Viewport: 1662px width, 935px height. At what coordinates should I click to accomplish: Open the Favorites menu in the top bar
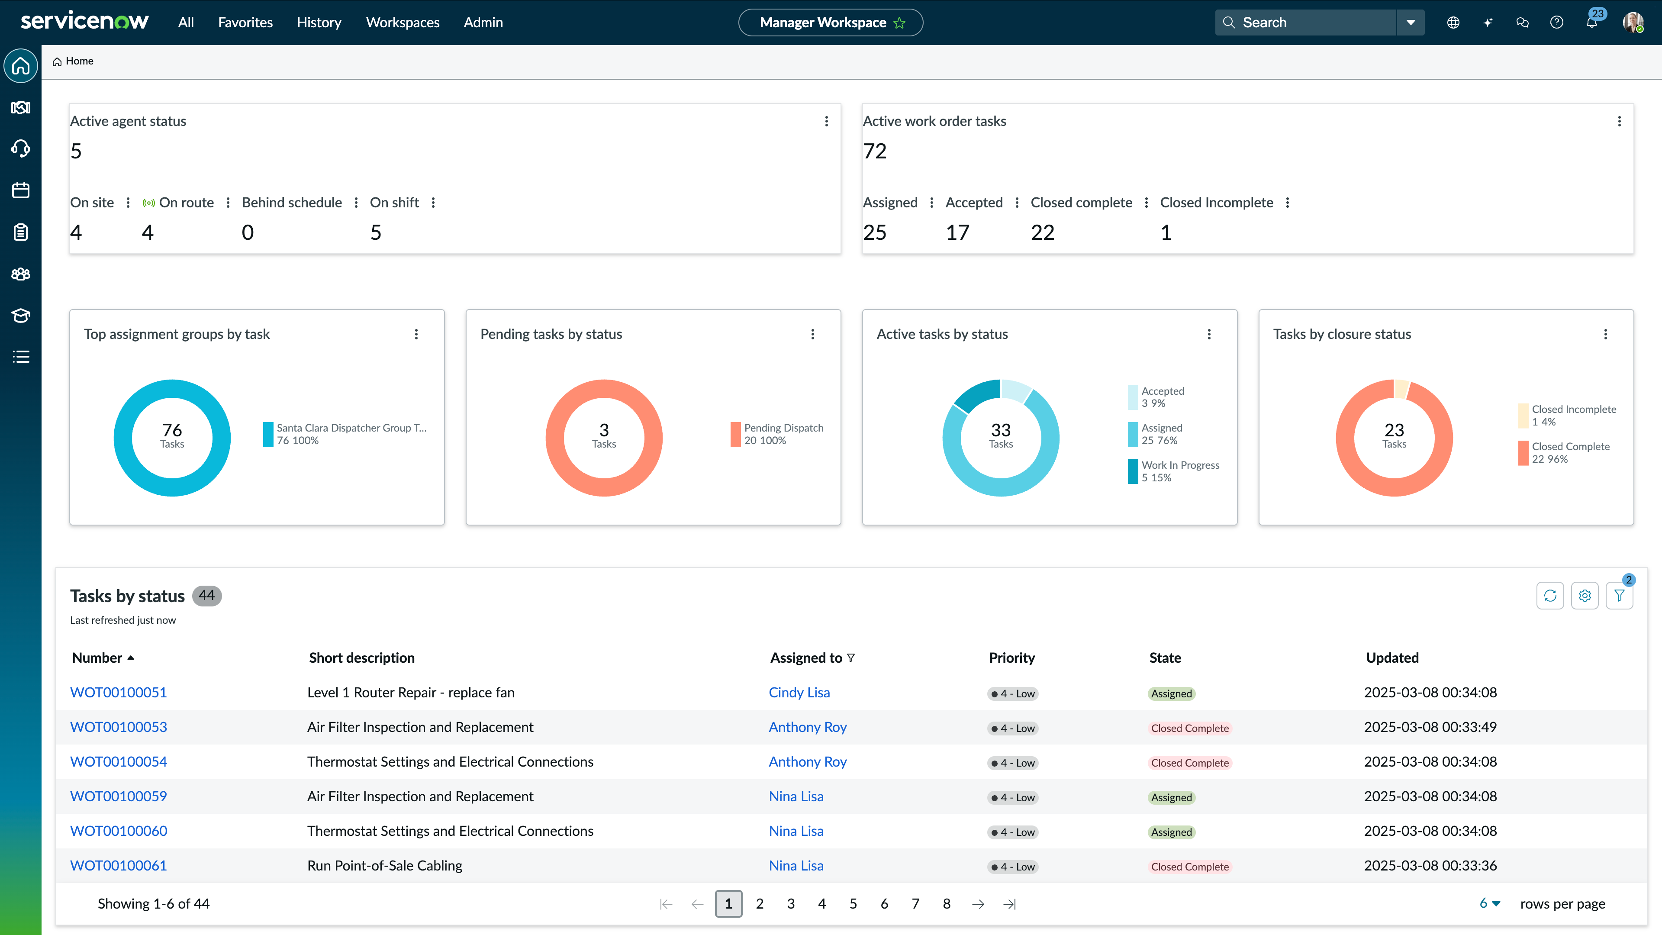point(245,23)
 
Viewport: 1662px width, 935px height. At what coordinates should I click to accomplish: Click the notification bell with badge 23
point(1591,23)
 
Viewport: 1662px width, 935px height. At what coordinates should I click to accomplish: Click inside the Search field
point(1310,23)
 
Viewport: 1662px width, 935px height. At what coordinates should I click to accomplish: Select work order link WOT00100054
point(118,761)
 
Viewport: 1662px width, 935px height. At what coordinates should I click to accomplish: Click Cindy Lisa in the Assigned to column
point(799,693)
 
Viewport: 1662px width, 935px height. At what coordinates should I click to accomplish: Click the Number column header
point(97,658)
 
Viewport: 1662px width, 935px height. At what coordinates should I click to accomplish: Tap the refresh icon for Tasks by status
point(1550,596)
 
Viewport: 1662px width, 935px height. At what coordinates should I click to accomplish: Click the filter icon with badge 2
point(1619,596)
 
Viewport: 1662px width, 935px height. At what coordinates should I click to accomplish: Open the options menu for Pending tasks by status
point(812,334)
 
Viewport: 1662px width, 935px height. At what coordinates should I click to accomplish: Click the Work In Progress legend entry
point(1179,471)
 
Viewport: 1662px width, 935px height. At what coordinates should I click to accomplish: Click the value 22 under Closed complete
point(1042,232)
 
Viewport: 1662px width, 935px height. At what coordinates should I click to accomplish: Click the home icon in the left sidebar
point(21,66)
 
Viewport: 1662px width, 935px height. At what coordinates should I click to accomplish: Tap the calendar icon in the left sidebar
point(21,190)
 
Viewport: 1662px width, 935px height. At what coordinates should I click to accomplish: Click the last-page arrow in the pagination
point(1009,903)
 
